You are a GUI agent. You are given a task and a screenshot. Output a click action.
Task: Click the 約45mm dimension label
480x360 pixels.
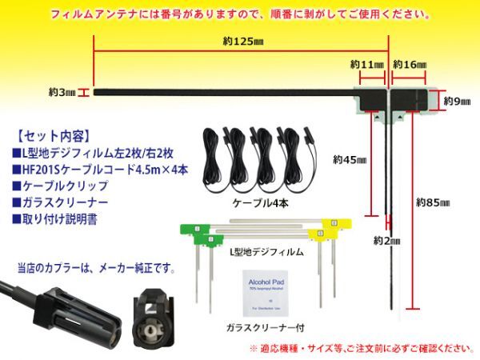(x=350, y=160)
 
